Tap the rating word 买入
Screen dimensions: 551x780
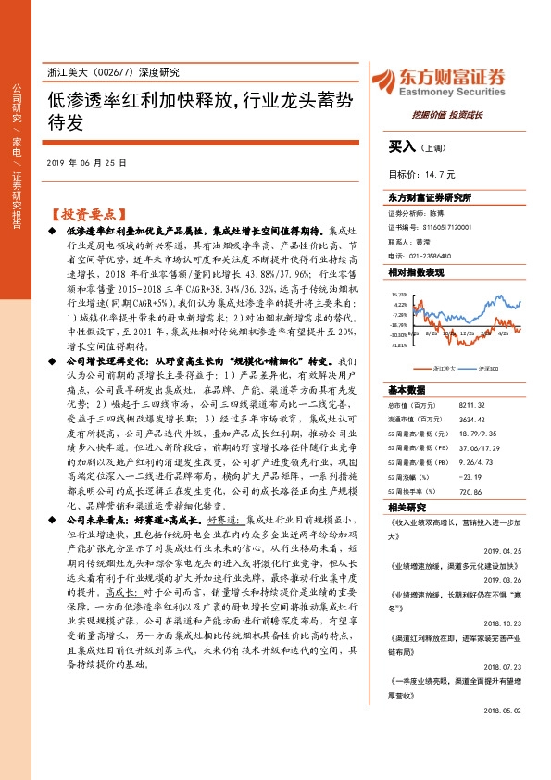[402, 145]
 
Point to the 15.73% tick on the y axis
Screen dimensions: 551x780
[400, 294]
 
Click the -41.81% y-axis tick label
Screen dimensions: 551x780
[399, 346]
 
